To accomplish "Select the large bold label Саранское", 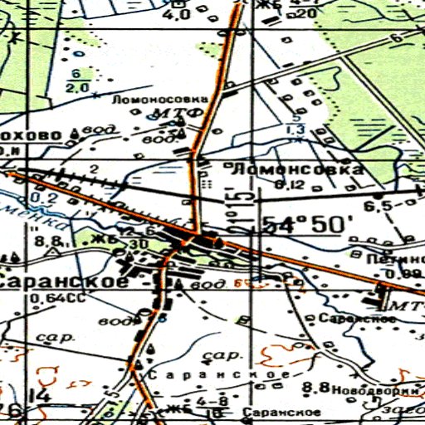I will click(64, 281).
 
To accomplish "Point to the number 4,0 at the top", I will click(178, 15).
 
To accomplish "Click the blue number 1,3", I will click(294, 129).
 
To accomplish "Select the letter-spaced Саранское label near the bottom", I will click(217, 376).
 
